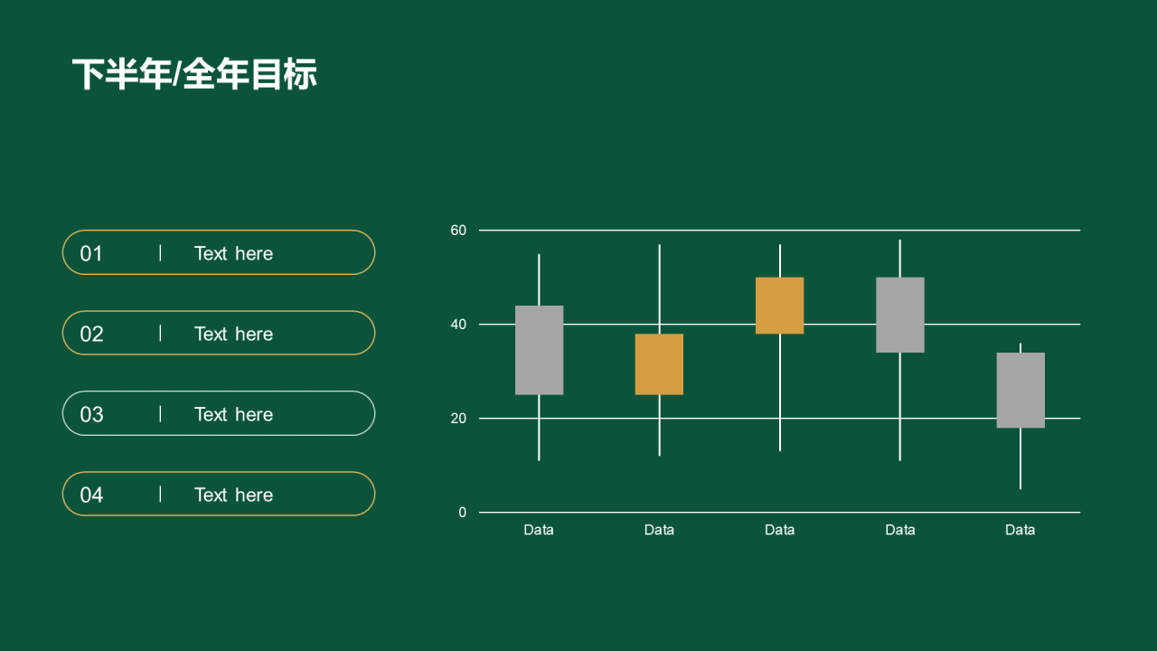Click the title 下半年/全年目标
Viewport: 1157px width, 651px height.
pos(194,74)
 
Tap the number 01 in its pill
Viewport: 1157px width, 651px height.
pos(91,254)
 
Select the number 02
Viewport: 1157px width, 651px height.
pos(91,335)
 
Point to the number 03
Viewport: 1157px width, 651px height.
pos(91,414)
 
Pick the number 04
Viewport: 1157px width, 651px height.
pos(91,495)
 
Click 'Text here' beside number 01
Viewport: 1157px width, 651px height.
pos(233,254)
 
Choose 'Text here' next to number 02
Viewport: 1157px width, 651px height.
pos(233,335)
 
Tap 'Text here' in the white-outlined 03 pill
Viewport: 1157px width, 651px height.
pos(233,414)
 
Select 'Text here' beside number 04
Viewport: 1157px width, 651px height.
pos(233,495)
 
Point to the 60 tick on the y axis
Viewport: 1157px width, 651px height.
pos(458,231)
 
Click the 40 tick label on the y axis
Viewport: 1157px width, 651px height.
pos(458,325)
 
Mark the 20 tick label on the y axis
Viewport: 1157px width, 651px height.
pos(458,419)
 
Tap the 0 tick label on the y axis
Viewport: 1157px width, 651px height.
pos(462,513)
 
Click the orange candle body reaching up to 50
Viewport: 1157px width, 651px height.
pos(779,306)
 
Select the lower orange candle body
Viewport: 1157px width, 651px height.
pos(659,364)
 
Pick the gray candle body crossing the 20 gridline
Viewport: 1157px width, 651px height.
pos(1021,390)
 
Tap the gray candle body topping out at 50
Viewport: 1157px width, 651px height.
pos(900,315)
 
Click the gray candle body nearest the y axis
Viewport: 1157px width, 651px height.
pos(540,350)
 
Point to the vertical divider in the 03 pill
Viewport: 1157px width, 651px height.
pos(160,414)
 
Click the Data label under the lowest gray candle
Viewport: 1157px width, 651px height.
pos(1021,530)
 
